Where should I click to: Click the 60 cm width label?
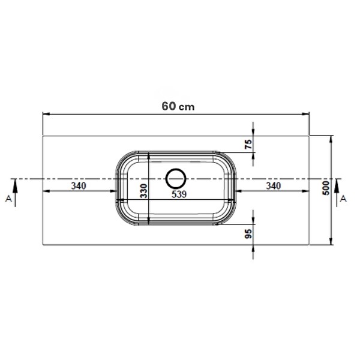pyautogui.click(x=178, y=106)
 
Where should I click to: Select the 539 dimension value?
pyautogui.click(x=179, y=194)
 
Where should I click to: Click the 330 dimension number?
pyautogui.click(x=144, y=191)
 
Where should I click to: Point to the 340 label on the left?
pyautogui.click(x=79, y=186)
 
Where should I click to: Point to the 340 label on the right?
pyautogui.click(x=273, y=186)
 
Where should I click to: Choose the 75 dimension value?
pyautogui.click(x=248, y=144)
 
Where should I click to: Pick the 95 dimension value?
pyautogui.click(x=248, y=234)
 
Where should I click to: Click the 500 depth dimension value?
pyautogui.click(x=326, y=188)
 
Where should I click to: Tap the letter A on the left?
pyautogui.click(x=8, y=199)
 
